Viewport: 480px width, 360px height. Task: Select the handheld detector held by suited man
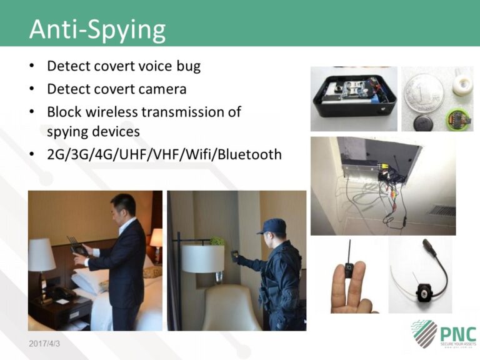tap(79, 246)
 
